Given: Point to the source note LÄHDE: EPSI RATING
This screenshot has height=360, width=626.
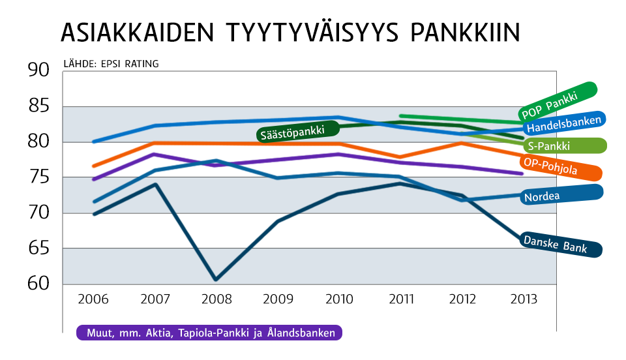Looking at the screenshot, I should coord(111,64).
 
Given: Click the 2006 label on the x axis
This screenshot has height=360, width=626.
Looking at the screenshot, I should coord(93,300).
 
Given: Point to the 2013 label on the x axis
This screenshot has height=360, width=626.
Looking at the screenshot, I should coord(523,300).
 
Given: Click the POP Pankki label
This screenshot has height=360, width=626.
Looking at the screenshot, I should coord(558,100).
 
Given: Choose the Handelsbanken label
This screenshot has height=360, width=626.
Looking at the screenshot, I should coord(564,123).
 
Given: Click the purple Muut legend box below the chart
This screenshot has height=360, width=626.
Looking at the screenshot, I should coord(209,333).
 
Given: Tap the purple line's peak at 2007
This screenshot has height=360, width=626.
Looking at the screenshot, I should coord(153,155).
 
